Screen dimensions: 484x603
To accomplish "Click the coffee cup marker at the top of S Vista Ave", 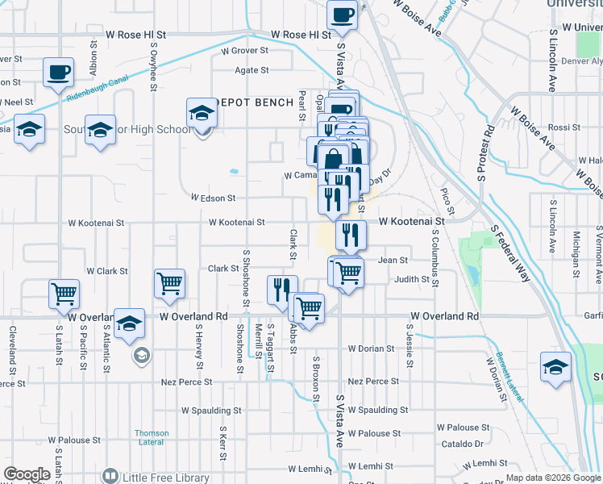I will [x=342, y=15].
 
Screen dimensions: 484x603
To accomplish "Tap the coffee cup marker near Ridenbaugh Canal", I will [x=59, y=73].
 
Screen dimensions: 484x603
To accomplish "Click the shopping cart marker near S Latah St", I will [x=64, y=294].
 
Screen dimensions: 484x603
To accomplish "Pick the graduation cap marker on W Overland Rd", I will [x=129, y=323].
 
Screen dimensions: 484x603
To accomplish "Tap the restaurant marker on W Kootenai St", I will [x=351, y=235].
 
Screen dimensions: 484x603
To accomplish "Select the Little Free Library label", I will [x=166, y=477].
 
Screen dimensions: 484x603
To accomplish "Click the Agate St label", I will [x=252, y=70].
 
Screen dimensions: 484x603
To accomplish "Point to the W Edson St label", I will [x=213, y=198].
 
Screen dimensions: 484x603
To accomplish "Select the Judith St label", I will [x=412, y=279].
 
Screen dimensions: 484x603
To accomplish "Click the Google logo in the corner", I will [x=27, y=474].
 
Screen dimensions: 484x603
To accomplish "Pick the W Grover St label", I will [x=244, y=50].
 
